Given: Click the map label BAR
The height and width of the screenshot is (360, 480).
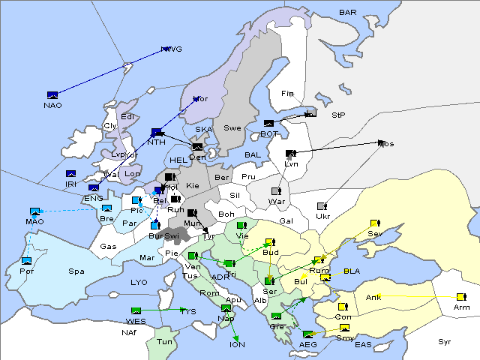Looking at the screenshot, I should pos(348,13).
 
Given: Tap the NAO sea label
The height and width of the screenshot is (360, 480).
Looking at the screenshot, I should pos(52,105).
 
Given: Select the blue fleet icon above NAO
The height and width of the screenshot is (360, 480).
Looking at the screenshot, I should pos(52,95).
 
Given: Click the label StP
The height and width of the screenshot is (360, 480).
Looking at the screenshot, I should pos(338,115).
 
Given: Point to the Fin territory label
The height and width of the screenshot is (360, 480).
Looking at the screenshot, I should pos(287,94).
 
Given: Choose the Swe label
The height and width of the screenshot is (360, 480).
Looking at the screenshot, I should pos(232,128).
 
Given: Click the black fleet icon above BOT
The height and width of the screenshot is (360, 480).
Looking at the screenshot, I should pos(268,124).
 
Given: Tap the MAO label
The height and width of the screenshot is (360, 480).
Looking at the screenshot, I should pos(34,222).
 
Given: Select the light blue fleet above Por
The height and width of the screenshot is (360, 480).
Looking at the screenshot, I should pos(27,261).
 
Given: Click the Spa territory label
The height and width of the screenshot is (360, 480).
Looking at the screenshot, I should pos(76,271).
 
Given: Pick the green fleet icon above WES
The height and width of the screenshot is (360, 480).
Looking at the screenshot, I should pos(136,310).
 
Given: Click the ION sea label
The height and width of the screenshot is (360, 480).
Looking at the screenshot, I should pos(237,344).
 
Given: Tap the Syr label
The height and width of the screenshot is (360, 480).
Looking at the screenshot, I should pos(445,341).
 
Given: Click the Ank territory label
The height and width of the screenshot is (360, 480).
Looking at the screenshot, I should pos(373,298).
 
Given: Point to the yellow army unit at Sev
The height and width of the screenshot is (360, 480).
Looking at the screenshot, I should pos(375,223).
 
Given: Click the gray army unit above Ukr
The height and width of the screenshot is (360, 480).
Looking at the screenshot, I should pos(322,206).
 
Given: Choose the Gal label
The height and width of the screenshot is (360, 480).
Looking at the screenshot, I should pos(286,221).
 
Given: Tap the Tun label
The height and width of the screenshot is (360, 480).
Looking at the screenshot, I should pos(163,341).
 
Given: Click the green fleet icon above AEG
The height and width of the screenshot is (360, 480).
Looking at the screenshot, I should pos(307,334).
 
